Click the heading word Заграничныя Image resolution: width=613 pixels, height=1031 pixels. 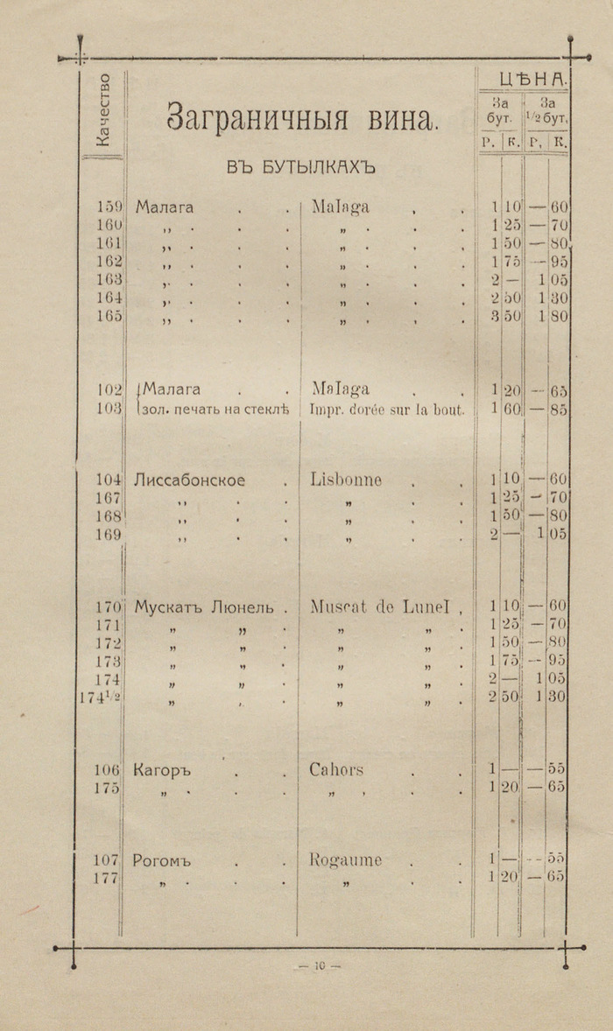click(254, 118)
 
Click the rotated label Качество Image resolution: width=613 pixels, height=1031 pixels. click(103, 110)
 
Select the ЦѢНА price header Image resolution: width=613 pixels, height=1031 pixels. click(533, 80)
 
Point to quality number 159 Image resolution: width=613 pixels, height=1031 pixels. click(110, 207)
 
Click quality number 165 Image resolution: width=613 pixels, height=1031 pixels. click(110, 316)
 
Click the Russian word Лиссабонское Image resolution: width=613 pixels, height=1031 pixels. click(190, 480)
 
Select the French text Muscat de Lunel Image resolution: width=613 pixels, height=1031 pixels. click(380, 607)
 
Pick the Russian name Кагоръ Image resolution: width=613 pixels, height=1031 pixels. click(162, 771)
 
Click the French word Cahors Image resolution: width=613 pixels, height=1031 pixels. click(336, 770)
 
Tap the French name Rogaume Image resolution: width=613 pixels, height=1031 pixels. click(345, 860)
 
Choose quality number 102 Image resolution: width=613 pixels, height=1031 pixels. click(110, 389)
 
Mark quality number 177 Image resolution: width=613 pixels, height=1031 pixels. click(107, 879)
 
